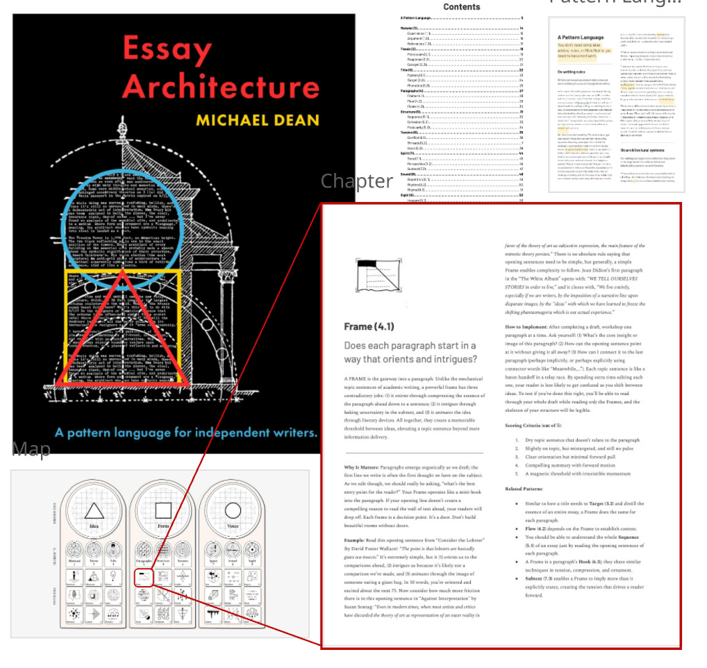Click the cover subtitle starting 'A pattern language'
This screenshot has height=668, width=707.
coord(186,433)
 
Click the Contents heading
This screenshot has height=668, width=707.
coord(462,7)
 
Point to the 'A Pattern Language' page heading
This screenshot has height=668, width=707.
coord(581,37)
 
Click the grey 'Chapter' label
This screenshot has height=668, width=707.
coord(356,181)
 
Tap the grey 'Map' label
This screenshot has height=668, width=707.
coord(31,450)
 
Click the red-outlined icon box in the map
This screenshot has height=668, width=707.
coord(142,576)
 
